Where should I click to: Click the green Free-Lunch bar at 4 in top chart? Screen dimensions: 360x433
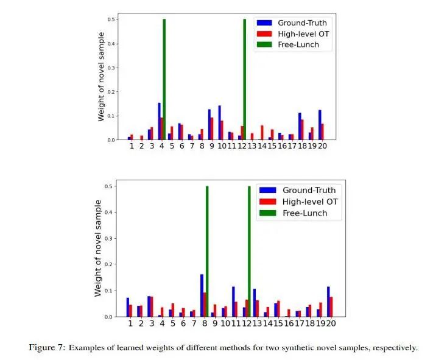164,79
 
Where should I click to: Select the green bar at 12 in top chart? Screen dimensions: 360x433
244,79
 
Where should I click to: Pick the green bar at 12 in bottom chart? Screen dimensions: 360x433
250,250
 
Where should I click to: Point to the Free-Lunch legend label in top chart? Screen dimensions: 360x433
298,44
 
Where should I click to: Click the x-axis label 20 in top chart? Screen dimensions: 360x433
323,147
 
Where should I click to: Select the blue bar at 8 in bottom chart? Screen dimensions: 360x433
202,295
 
